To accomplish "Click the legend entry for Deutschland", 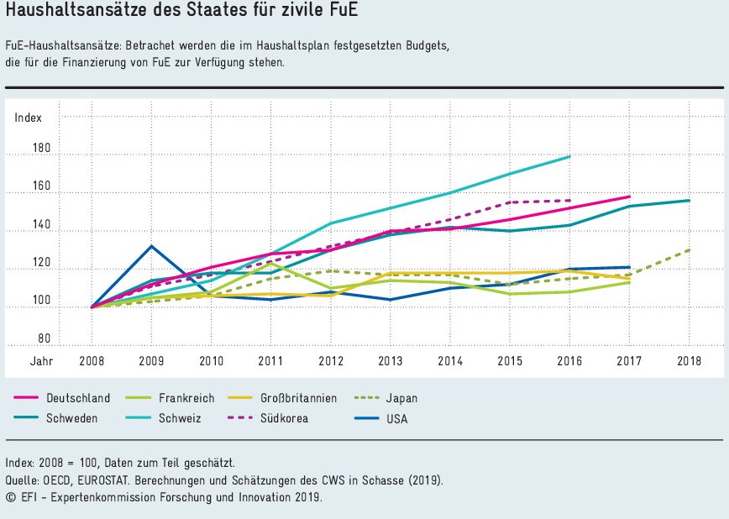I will [75, 398].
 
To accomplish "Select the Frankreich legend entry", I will [186, 398].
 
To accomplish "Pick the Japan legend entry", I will [401, 398].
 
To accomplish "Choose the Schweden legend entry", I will [72, 418].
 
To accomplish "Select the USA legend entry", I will [396, 418].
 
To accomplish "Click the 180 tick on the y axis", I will [42, 149].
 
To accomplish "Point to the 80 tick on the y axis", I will [45, 338].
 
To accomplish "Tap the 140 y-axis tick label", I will [42, 225].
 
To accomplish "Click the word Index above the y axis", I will [28, 118].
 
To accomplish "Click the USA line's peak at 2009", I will [151, 246].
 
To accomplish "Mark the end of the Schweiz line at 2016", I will [570, 156].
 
